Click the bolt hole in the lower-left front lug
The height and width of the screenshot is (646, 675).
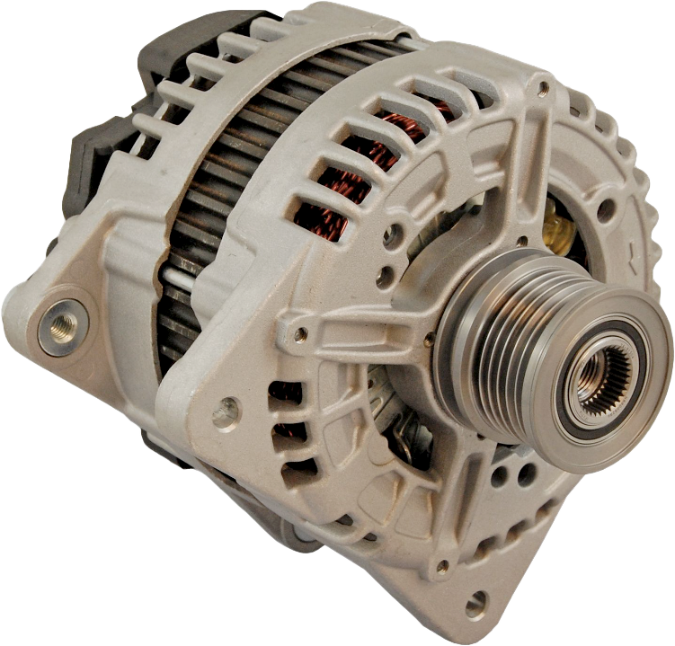coord(226,412)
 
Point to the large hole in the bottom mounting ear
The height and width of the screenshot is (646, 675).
coord(475,603)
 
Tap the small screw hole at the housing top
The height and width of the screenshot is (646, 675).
coord(542,88)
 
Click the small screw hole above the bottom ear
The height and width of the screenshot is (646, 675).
coord(441,567)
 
